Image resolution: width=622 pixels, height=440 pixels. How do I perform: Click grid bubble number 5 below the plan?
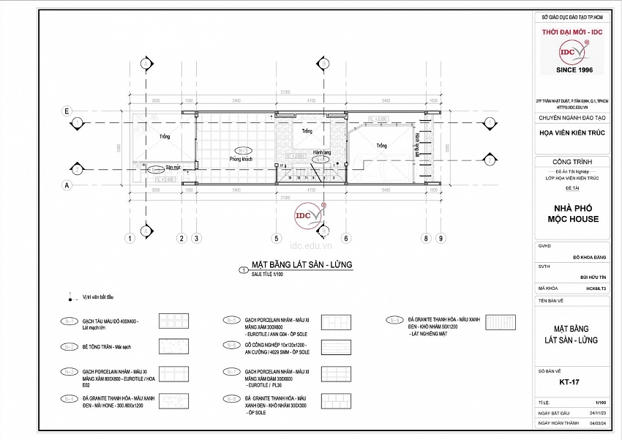[277, 238]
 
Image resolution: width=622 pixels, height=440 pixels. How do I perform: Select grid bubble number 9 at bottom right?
[441, 238]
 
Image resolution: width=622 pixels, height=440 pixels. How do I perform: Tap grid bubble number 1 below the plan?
[129, 238]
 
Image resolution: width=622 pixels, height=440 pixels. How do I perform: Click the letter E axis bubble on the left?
[67, 111]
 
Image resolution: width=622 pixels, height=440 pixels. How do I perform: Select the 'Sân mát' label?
[173, 167]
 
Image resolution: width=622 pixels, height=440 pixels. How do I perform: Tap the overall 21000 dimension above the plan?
[285, 92]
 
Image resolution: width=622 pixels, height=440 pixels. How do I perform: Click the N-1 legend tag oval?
[71, 321]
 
